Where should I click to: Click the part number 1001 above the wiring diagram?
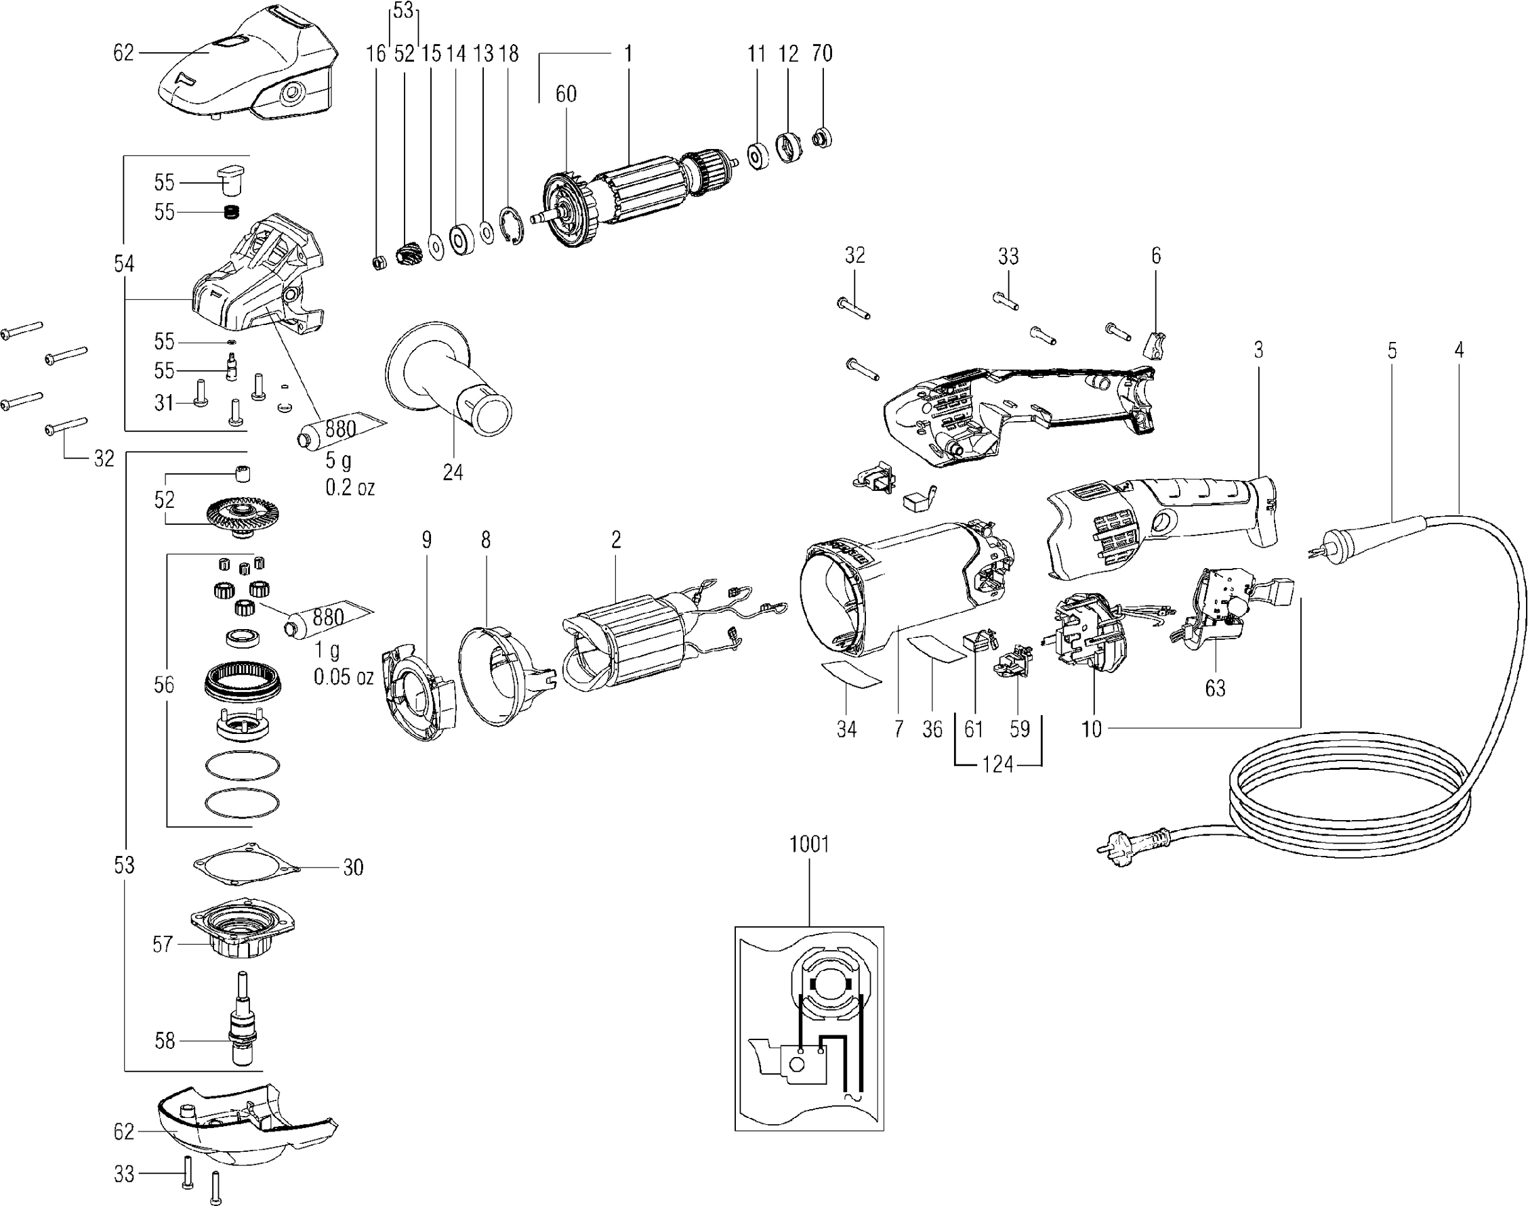tap(809, 844)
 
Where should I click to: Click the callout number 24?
tap(453, 472)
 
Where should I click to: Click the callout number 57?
tap(163, 944)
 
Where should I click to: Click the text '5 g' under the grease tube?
tap(337, 461)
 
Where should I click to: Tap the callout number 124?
tap(997, 764)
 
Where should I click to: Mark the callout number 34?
tap(846, 729)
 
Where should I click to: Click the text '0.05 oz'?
tap(344, 677)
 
